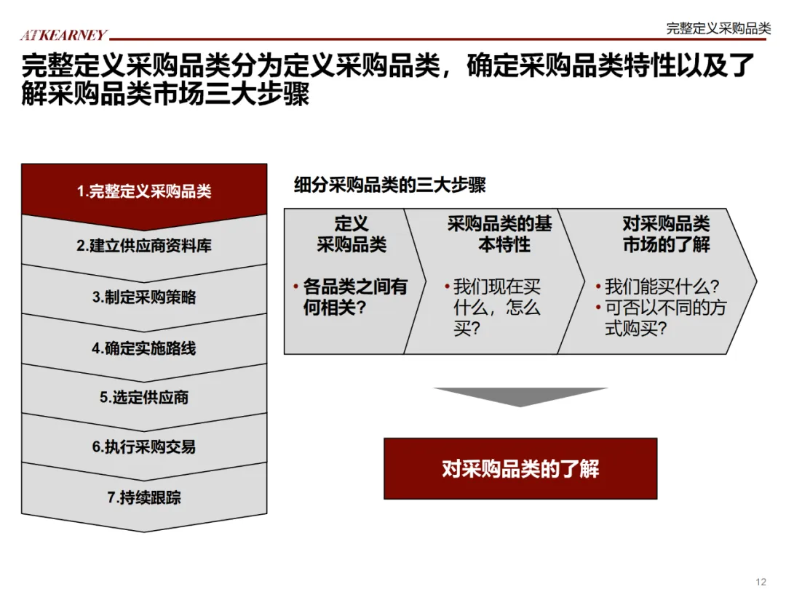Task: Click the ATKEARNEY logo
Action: point(63,35)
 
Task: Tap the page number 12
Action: point(761,580)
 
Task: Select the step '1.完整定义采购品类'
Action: point(144,192)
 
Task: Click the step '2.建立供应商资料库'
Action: point(144,246)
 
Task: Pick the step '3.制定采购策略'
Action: point(144,297)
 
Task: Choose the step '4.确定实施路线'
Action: point(144,348)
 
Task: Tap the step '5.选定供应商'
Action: point(144,397)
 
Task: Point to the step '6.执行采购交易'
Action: point(144,446)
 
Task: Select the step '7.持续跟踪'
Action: point(144,497)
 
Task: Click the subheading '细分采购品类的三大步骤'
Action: point(389,185)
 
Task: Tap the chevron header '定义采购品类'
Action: point(352,234)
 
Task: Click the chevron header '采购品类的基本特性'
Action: point(500,234)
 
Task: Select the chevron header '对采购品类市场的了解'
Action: point(666,234)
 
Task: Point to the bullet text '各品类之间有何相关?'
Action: point(355,297)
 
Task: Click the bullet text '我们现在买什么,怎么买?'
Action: point(497,308)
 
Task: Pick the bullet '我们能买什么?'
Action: point(662,287)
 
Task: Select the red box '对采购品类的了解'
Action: point(520,468)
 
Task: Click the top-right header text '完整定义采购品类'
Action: point(718,28)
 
